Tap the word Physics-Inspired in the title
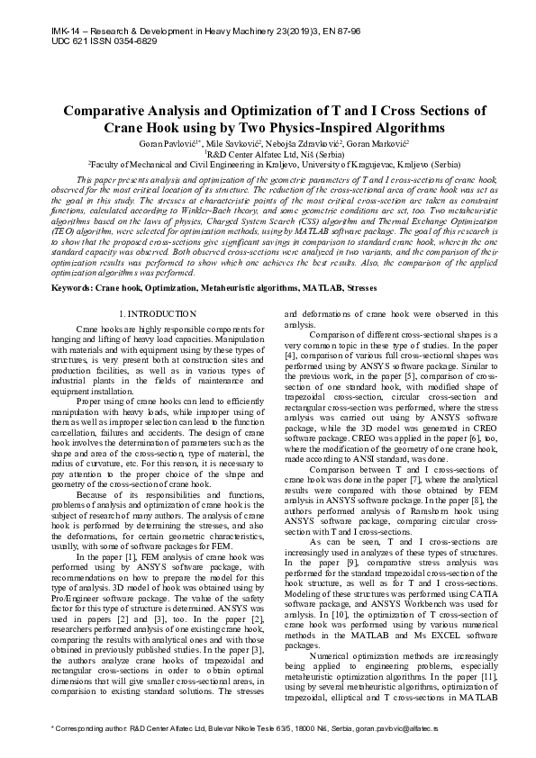pyautogui.click(x=336, y=129)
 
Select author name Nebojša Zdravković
pyautogui.click(x=307, y=144)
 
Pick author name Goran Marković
pyautogui.click(x=382, y=144)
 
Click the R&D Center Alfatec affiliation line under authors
pyautogui.click(x=268, y=154)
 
